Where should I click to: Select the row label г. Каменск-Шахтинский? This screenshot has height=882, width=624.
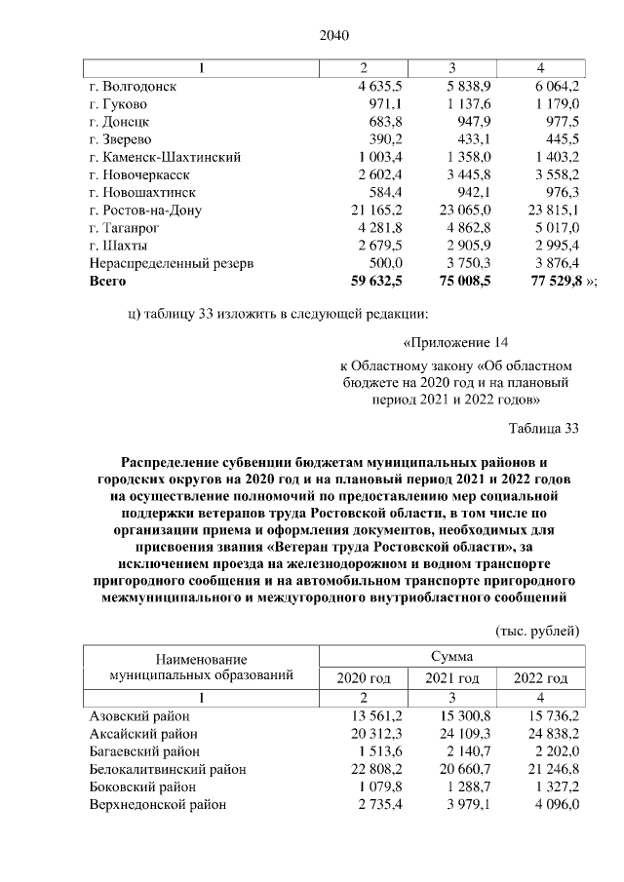coord(165,157)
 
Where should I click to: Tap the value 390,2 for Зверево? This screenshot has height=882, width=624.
coord(387,139)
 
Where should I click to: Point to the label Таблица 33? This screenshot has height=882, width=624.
coord(544,428)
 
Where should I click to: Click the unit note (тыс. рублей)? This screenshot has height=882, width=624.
coord(538,631)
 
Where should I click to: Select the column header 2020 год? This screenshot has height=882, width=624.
coord(363,678)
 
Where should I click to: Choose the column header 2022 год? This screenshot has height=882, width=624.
coord(539,678)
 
